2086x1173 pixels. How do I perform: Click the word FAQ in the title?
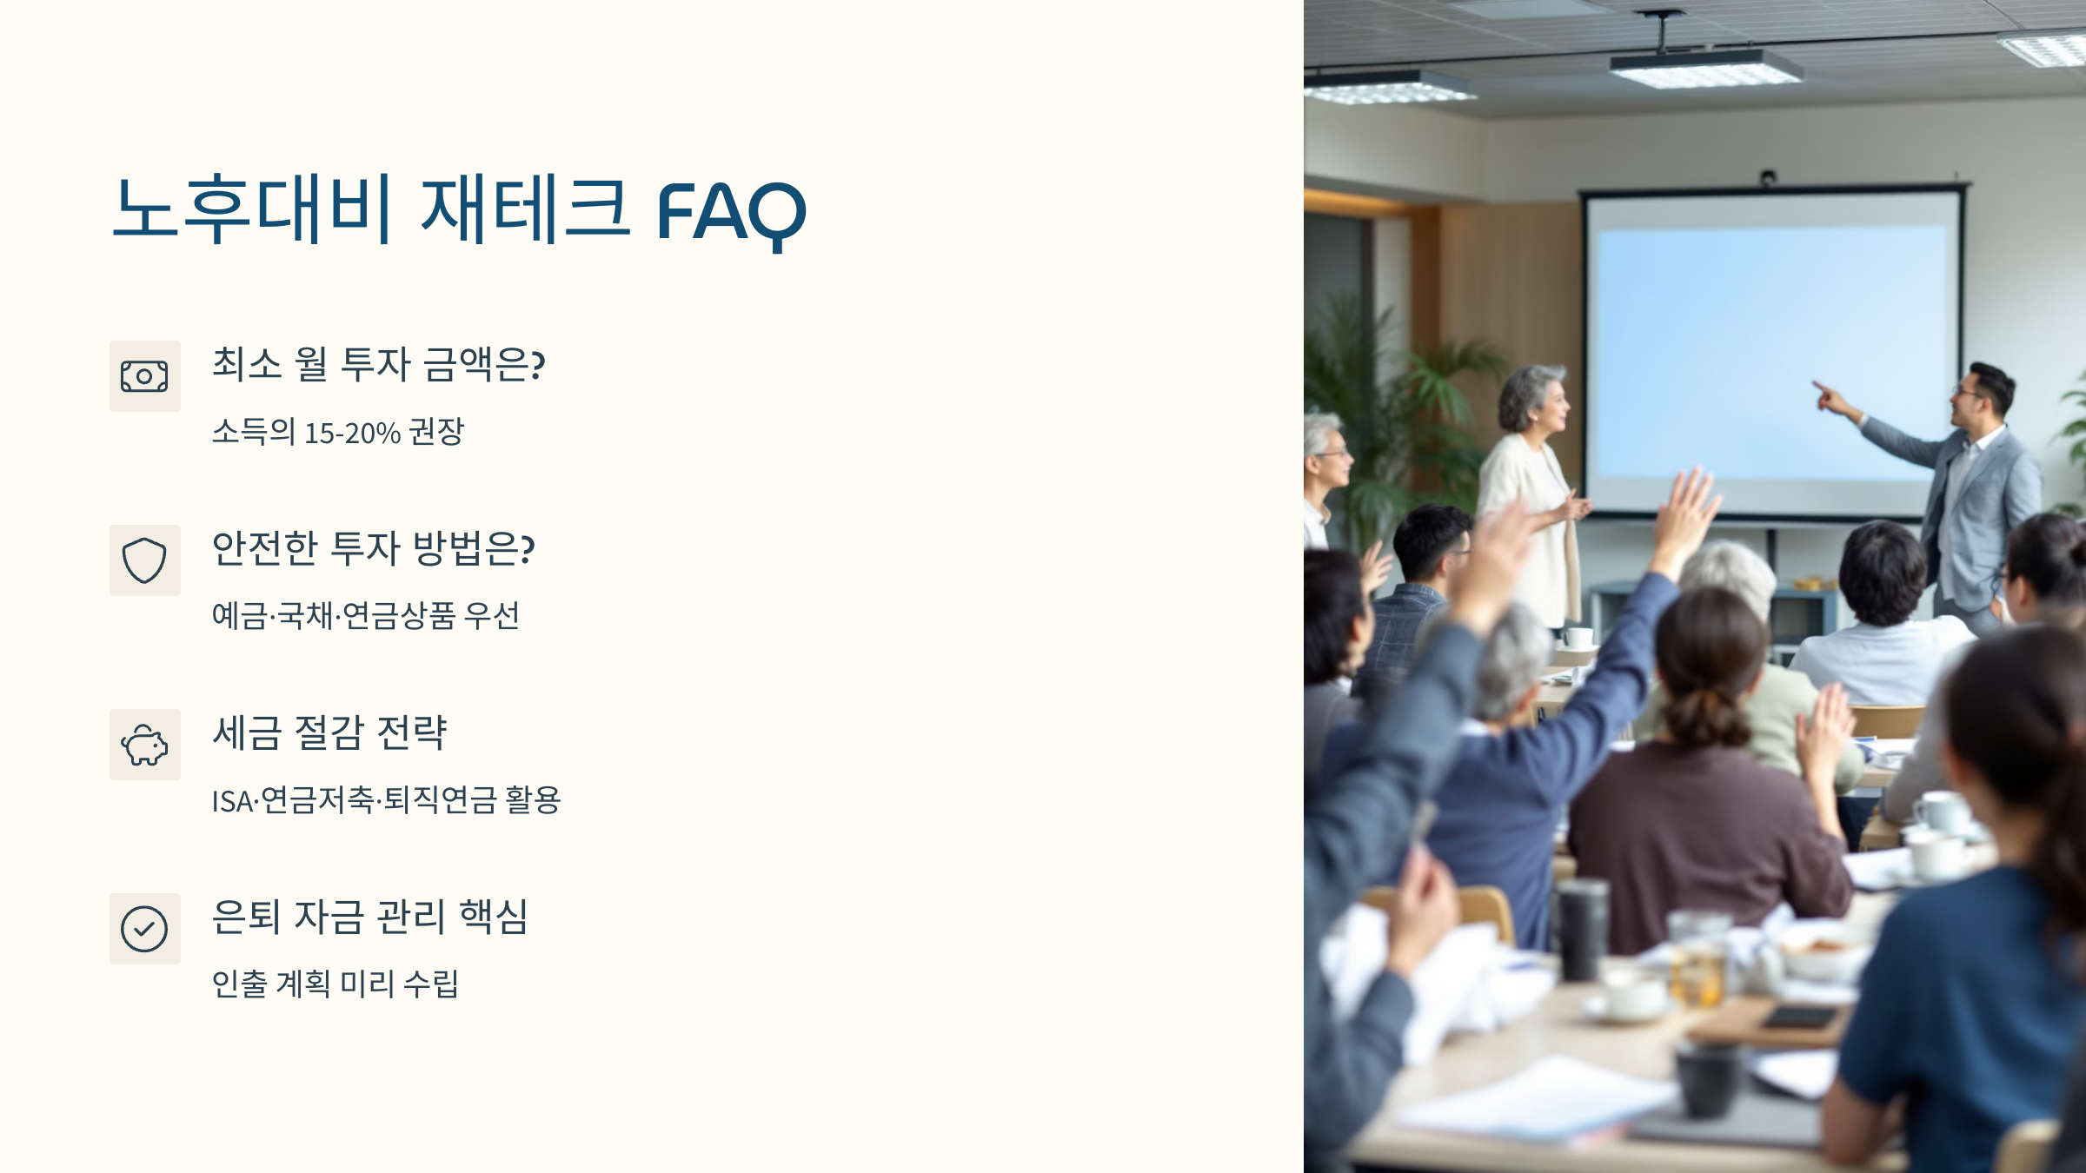pyautogui.click(x=731, y=213)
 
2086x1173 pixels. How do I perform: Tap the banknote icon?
pyautogui.click(x=144, y=376)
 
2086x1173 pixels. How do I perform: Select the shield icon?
pyautogui.click(x=144, y=560)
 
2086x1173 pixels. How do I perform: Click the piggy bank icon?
pyautogui.click(x=144, y=745)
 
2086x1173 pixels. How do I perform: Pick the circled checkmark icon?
pyautogui.click(x=144, y=929)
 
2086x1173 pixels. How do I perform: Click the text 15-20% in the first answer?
pyautogui.click(x=352, y=433)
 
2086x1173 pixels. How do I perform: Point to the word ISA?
pyautogui.click(x=232, y=801)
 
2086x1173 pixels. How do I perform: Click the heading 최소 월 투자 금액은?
pyautogui.click(x=378, y=364)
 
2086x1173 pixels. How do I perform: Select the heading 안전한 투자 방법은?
pyautogui.click(x=374, y=548)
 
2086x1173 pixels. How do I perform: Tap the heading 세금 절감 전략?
pyautogui.click(x=329, y=732)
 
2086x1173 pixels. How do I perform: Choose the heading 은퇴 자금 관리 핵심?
pyautogui.click(x=370, y=917)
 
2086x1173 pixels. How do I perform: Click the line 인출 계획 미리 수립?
pyautogui.click(x=335, y=984)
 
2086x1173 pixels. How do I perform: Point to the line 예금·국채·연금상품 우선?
pyautogui.click(x=366, y=615)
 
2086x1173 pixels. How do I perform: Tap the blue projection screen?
pyautogui.click(x=1771, y=352)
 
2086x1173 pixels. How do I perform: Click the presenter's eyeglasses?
pyautogui.click(x=1966, y=394)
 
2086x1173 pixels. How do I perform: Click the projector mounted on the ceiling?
pyautogui.click(x=1705, y=67)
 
